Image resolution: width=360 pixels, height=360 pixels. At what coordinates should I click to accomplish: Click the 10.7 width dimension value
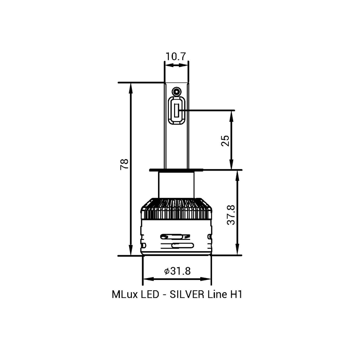pyautogui.click(x=175, y=57)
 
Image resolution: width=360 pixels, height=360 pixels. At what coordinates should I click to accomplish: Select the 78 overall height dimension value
pyautogui.click(x=125, y=164)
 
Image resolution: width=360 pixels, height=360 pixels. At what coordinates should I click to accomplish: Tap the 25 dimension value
pyautogui.click(x=225, y=141)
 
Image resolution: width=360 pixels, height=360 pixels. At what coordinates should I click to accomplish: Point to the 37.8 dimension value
pyautogui.click(x=231, y=215)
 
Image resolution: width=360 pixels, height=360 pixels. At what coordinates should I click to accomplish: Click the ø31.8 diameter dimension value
pyautogui.click(x=177, y=271)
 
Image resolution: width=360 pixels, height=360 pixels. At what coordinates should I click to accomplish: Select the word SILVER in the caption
pyautogui.click(x=187, y=294)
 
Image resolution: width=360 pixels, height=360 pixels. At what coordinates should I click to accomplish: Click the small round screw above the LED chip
pyautogui.click(x=176, y=91)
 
